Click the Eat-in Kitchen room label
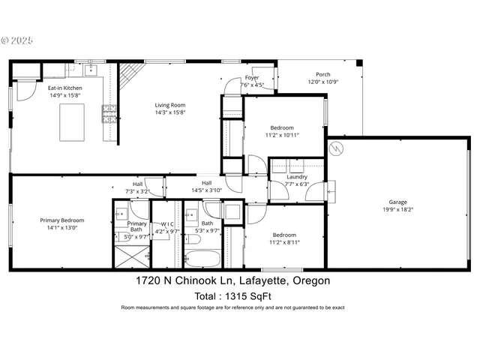click(66, 88)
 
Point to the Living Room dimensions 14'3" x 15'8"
click(170, 112)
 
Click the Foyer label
click(252, 77)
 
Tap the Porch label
click(323, 74)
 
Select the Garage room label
click(397, 201)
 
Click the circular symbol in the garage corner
click(337, 148)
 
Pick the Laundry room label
click(296, 177)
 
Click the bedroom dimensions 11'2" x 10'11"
click(282, 135)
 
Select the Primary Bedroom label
click(62, 220)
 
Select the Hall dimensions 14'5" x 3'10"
click(207, 190)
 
